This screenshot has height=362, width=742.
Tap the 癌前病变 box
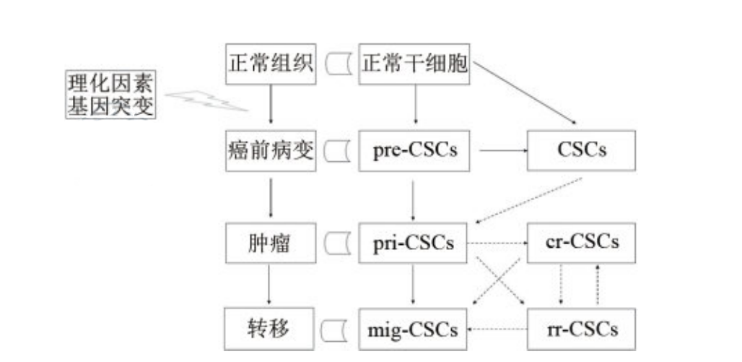click(270, 151)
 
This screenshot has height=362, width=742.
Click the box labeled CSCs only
click(582, 151)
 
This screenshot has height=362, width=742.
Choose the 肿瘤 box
click(270, 243)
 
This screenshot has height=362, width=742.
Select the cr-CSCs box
click(582, 243)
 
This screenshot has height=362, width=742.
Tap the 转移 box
click(270, 329)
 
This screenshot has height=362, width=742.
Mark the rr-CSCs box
click(582, 330)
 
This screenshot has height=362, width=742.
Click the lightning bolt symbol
click(206, 101)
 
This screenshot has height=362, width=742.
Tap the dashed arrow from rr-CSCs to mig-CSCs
click(498, 330)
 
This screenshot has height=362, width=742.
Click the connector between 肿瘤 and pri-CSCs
click(337, 243)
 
